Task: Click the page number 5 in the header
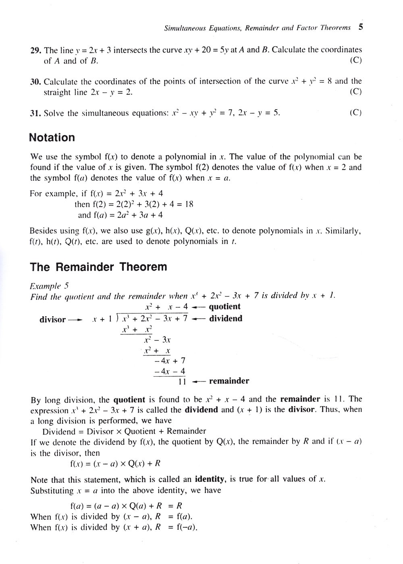click(361, 27)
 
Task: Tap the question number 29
click(35, 50)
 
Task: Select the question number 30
click(35, 82)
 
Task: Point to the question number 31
click(35, 113)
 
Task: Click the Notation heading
click(52, 138)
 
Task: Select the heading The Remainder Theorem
click(98, 267)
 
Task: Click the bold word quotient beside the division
click(224, 307)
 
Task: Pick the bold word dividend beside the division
click(226, 319)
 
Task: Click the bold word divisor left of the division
click(52, 320)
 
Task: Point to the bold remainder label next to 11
click(229, 381)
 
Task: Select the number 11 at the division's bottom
click(182, 381)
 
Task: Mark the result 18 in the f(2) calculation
click(189, 204)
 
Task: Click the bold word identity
click(210, 479)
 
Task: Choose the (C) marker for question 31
click(355, 113)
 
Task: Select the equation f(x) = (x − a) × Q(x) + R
click(115, 463)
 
